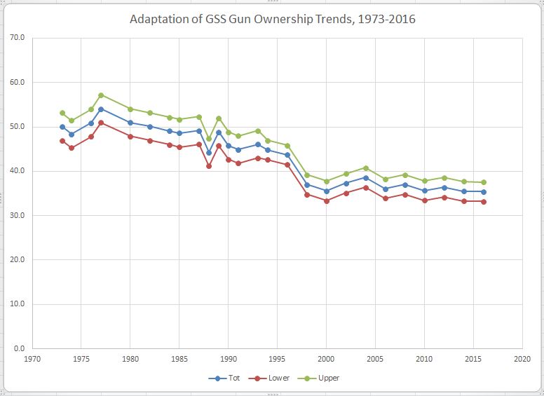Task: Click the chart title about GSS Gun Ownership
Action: pyautogui.click(x=273, y=19)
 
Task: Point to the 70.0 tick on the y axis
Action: pyautogui.click(x=18, y=38)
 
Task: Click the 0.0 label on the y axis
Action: pyautogui.click(x=19, y=348)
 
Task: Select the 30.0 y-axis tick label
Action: pyautogui.click(x=18, y=215)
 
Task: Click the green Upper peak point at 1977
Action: pyautogui.click(x=101, y=95)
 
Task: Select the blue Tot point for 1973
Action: pyautogui.click(x=62, y=127)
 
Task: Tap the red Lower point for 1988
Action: pyautogui.click(x=209, y=166)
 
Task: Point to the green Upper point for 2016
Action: pyautogui.click(x=484, y=182)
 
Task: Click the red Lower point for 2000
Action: pyautogui.click(x=327, y=201)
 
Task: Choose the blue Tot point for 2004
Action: pyautogui.click(x=366, y=178)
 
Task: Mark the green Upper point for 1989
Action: pyautogui.click(x=219, y=118)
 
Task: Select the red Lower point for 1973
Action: pyautogui.click(x=62, y=141)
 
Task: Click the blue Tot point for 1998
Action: pyautogui.click(x=307, y=185)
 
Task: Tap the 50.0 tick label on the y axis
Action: pyautogui.click(x=18, y=127)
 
